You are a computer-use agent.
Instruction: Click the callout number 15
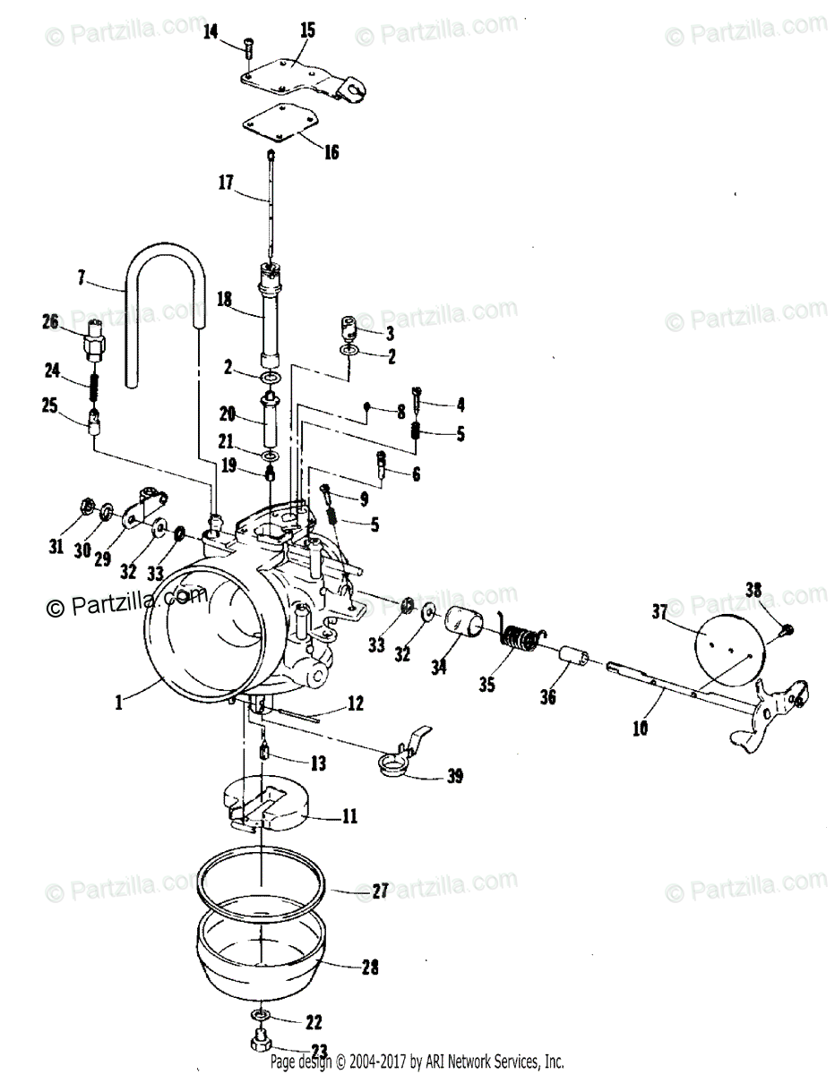tap(307, 30)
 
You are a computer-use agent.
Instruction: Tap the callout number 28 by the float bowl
tap(370, 967)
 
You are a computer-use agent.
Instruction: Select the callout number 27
tap(380, 891)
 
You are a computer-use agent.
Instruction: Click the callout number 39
tap(455, 775)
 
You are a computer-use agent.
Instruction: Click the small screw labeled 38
tap(784, 629)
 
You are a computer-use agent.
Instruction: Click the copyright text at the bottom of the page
tap(417, 1062)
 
